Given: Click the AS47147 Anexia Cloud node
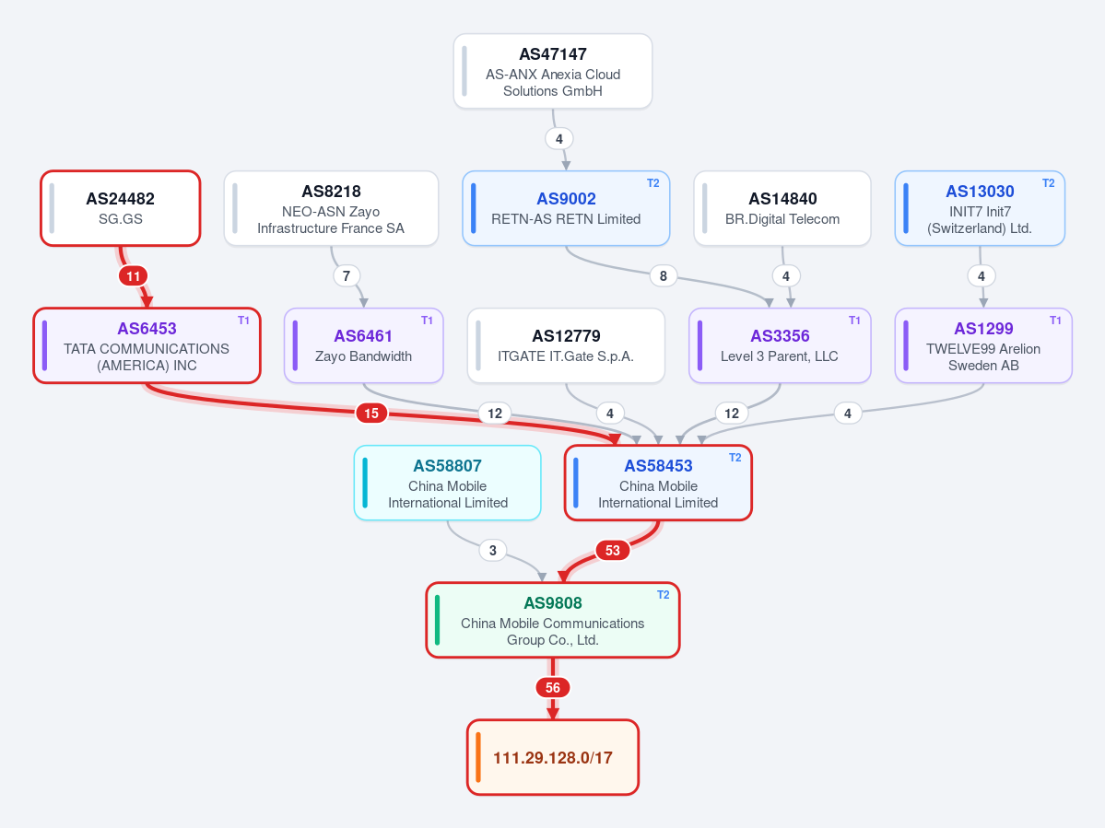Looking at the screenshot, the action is coord(553,71).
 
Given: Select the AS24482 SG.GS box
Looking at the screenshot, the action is coord(121,208).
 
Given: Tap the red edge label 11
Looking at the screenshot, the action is coord(134,276).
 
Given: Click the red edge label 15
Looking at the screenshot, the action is coord(371,414).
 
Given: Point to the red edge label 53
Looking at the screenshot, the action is coord(612,551).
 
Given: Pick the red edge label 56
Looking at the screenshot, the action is coord(553,688).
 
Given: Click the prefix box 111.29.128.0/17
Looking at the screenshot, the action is coord(553,758).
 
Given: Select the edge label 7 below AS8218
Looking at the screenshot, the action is coord(346,276).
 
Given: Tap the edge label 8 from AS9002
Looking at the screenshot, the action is coord(664,276).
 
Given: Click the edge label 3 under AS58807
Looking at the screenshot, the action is coord(493,551).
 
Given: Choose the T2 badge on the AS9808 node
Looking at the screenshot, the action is coord(664,595).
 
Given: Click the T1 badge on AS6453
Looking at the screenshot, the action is coord(244,321).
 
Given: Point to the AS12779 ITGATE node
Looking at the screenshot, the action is coord(566,345).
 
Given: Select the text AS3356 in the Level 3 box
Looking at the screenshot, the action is coord(780,336).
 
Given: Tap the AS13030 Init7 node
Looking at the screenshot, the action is coord(980,208).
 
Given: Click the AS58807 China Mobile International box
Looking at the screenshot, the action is coord(448,483).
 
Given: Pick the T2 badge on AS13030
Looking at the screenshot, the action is coord(1049,183).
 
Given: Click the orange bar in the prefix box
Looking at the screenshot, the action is coord(477,758).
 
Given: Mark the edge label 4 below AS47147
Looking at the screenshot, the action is coord(558,139).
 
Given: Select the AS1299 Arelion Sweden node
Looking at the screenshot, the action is coord(983,345).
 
